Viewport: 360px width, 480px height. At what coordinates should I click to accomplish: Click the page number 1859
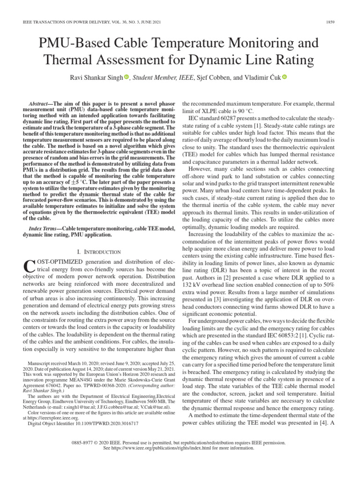[336, 22]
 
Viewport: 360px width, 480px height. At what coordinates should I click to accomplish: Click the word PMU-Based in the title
[73, 44]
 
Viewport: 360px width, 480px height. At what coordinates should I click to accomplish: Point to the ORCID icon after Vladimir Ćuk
[285, 78]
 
